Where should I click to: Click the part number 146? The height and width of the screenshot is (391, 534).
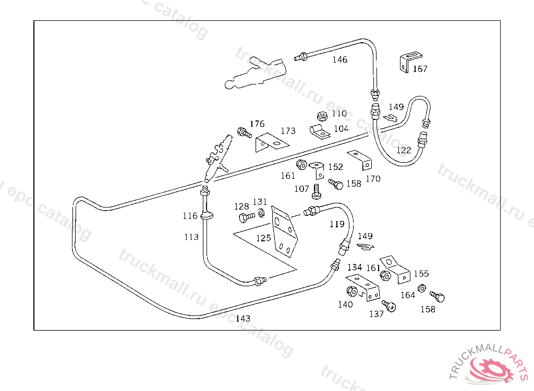pos(339,59)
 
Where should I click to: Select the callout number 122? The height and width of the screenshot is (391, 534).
pos(404,150)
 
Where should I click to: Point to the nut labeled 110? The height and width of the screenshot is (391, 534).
pos(322,116)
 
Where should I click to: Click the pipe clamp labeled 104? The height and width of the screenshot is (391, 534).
pos(319,131)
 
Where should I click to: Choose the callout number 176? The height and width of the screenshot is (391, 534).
pos(257,124)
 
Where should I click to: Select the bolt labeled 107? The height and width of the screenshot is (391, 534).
pos(316,191)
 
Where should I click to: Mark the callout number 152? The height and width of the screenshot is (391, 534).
pos(335,167)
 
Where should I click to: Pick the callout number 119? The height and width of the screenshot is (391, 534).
pos(337,224)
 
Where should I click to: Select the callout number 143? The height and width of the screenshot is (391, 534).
pos(243,319)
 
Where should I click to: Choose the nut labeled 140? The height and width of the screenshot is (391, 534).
pos(351,291)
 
